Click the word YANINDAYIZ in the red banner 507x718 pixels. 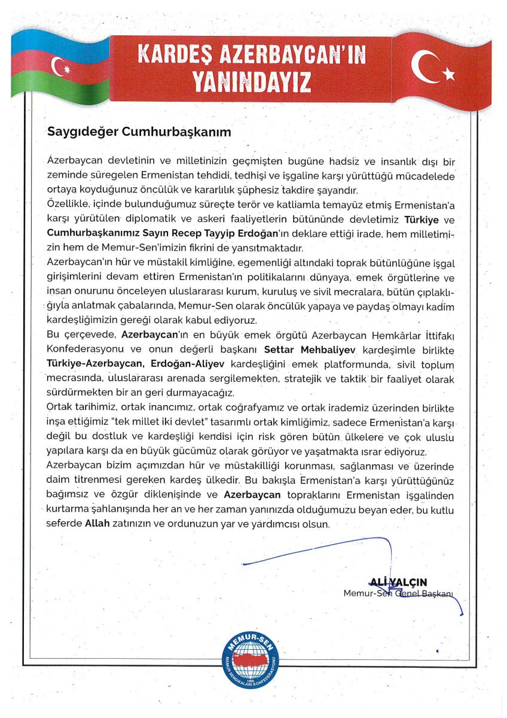[x=252, y=81]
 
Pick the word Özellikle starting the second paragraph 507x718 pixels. [x=66, y=205]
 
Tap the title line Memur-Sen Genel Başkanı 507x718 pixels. [x=399, y=594]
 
